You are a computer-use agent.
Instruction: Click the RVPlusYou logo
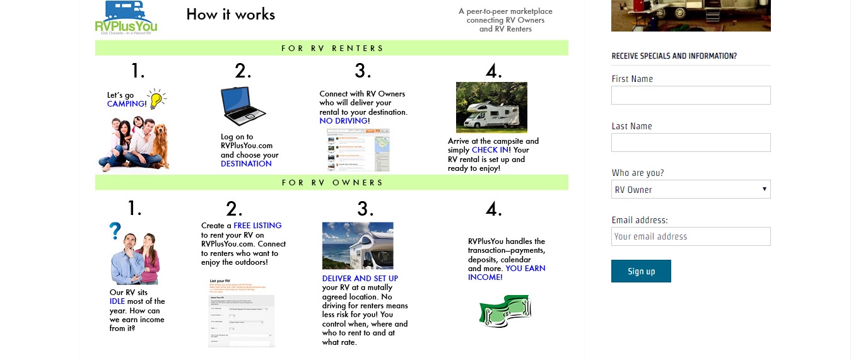coord(126,17)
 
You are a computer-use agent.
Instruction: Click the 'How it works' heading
coord(230,15)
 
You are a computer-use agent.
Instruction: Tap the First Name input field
coord(691,95)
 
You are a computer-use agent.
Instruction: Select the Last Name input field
coord(691,142)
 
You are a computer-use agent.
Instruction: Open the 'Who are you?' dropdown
coord(691,189)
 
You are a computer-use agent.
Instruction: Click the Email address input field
coord(691,236)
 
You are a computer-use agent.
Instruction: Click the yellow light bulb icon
coord(156,98)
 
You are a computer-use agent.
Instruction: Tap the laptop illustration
coord(242,106)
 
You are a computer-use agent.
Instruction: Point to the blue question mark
coord(115,231)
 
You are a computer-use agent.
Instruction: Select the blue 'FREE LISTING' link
coord(257,226)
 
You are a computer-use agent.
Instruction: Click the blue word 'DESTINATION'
coord(246,164)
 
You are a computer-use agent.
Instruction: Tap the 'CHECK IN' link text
coord(490,150)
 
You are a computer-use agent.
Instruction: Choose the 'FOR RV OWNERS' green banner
coord(332,183)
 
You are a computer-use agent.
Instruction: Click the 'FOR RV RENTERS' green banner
coord(332,49)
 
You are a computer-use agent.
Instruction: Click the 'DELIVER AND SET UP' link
coord(360,279)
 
